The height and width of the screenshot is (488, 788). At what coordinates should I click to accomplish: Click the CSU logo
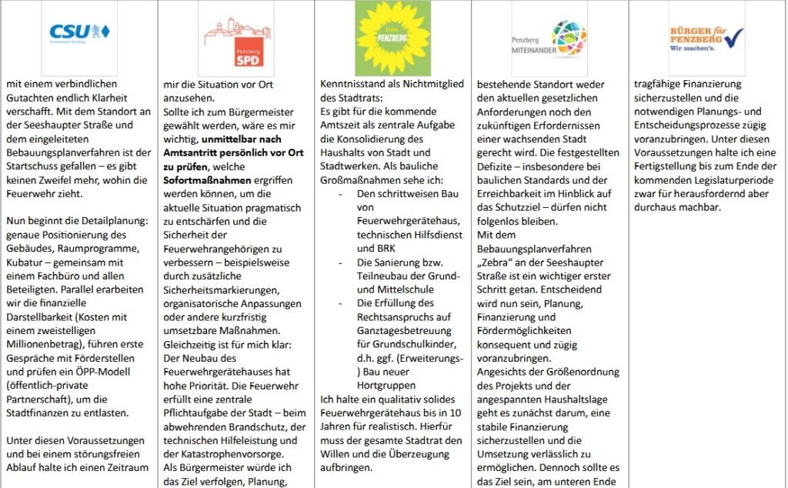(x=79, y=32)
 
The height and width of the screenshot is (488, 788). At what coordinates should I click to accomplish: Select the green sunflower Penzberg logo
(x=392, y=38)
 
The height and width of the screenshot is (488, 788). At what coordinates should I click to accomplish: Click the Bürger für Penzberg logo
(x=706, y=37)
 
